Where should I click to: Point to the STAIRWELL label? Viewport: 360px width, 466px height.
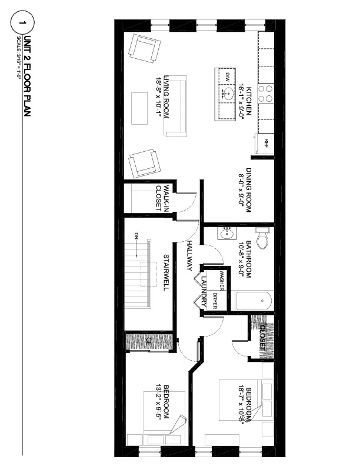pos(166,272)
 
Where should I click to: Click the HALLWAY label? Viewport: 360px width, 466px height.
pos(189,256)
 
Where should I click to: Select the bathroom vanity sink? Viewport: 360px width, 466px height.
pos(226,234)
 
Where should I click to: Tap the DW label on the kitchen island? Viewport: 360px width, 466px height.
pos(227,77)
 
